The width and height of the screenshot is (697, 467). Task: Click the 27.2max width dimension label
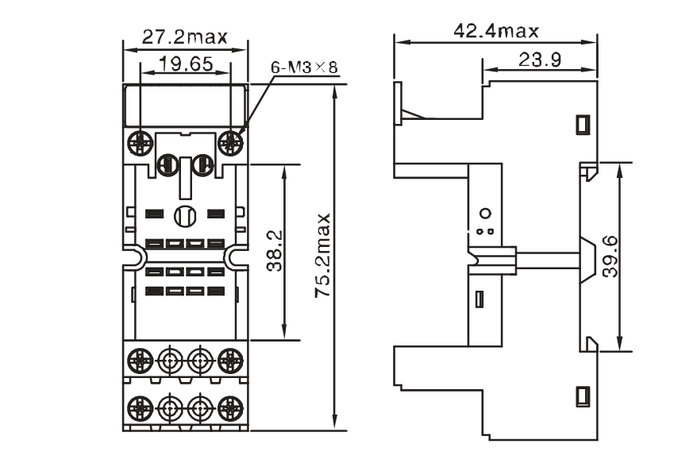184,37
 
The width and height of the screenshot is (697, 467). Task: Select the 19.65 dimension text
186,64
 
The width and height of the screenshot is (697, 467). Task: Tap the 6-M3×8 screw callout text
305,68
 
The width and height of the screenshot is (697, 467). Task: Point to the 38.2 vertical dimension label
275,250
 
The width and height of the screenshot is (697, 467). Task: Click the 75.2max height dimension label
323,255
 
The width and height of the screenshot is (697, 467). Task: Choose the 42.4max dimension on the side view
496,31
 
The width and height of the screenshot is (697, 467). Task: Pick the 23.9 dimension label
540,60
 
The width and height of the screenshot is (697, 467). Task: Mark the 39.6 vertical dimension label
610,257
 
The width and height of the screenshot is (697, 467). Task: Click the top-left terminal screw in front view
141,143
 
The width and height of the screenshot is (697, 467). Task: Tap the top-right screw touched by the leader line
231,143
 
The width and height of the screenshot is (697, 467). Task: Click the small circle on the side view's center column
487,214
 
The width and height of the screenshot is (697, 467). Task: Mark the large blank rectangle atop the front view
185,105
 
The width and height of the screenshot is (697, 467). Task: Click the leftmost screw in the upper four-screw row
141,358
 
